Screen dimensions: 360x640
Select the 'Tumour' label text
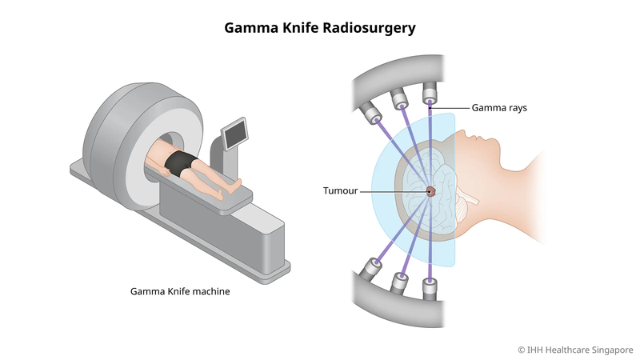tap(341, 191)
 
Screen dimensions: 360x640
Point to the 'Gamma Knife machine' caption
tap(180, 292)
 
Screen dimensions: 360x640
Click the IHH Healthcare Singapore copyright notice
tap(574, 349)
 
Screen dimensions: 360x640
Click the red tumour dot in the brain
tap(430, 191)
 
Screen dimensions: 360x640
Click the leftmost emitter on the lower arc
tap(372, 266)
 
